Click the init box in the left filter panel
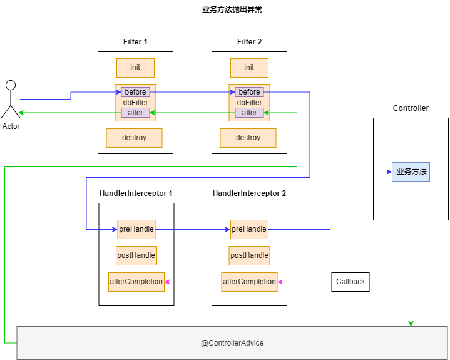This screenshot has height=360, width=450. (135, 68)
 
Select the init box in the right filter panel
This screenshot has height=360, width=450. (249, 68)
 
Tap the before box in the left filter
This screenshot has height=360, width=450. (135, 92)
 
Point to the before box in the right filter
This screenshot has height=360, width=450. (249, 92)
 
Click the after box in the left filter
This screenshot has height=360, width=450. (135, 113)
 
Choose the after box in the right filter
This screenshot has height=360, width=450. (249, 113)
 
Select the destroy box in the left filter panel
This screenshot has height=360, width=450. (134, 138)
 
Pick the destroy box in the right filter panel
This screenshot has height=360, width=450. (248, 138)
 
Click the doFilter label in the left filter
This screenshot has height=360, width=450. (135, 103)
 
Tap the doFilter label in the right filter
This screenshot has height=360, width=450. (249, 103)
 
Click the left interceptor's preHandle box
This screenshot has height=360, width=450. (136, 229)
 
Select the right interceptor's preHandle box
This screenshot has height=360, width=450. (249, 229)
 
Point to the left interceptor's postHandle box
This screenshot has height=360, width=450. (136, 255)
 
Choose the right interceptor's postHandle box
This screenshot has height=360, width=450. (249, 255)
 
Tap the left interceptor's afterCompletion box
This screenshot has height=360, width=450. (136, 282)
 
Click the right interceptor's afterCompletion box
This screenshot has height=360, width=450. (249, 282)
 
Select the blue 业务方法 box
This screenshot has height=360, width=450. (411, 172)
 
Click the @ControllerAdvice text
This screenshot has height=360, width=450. (232, 343)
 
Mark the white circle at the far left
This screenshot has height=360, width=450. (11, 85)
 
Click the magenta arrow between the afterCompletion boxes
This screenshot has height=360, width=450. (193, 282)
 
